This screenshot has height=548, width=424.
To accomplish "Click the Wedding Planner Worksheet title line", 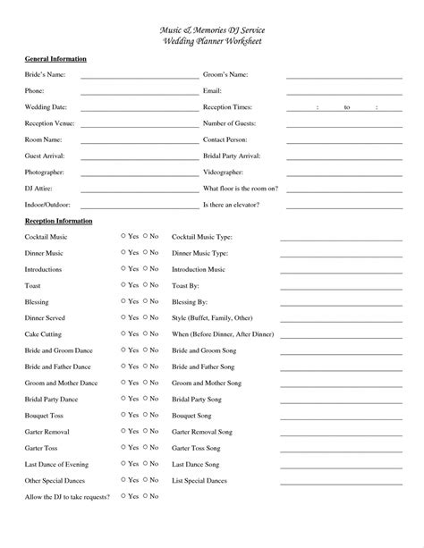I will coord(212,42).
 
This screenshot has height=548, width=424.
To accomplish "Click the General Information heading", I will coord(55,59).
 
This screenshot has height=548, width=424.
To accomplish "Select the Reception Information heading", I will coord(58,220).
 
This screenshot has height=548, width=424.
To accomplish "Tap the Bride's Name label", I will coord(44,75).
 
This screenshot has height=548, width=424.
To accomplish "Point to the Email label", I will coord(212,91).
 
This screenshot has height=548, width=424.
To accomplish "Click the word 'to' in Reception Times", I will coord(347,107).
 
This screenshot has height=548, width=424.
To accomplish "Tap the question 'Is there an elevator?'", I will coord(233,205).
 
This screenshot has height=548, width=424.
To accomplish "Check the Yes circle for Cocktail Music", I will coord(123,236).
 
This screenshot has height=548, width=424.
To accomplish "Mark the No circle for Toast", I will coord(146,285).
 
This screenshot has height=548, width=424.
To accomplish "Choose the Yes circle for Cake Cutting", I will coord(123,333).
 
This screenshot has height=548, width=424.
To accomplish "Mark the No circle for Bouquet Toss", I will coord(146,415).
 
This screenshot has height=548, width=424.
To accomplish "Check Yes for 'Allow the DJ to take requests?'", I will coord(123,495).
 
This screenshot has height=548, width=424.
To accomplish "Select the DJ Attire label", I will coord(38,189).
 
